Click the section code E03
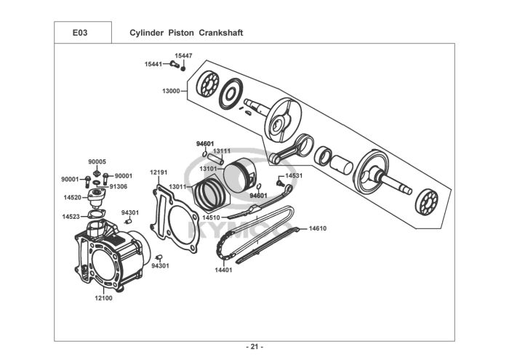(80, 33)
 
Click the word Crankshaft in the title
(221, 33)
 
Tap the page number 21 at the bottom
(254, 347)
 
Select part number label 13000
(171, 91)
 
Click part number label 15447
(183, 56)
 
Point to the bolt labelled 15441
(175, 64)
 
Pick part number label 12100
(103, 298)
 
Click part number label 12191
(159, 172)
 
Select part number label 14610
(318, 228)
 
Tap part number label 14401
(224, 270)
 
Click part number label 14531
(294, 175)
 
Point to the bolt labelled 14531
(278, 183)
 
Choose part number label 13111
(222, 151)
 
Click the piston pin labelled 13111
(216, 158)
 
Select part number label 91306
(118, 187)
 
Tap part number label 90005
(97, 161)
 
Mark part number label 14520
(73, 197)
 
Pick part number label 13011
(177, 187)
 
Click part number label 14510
(211, 217)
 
